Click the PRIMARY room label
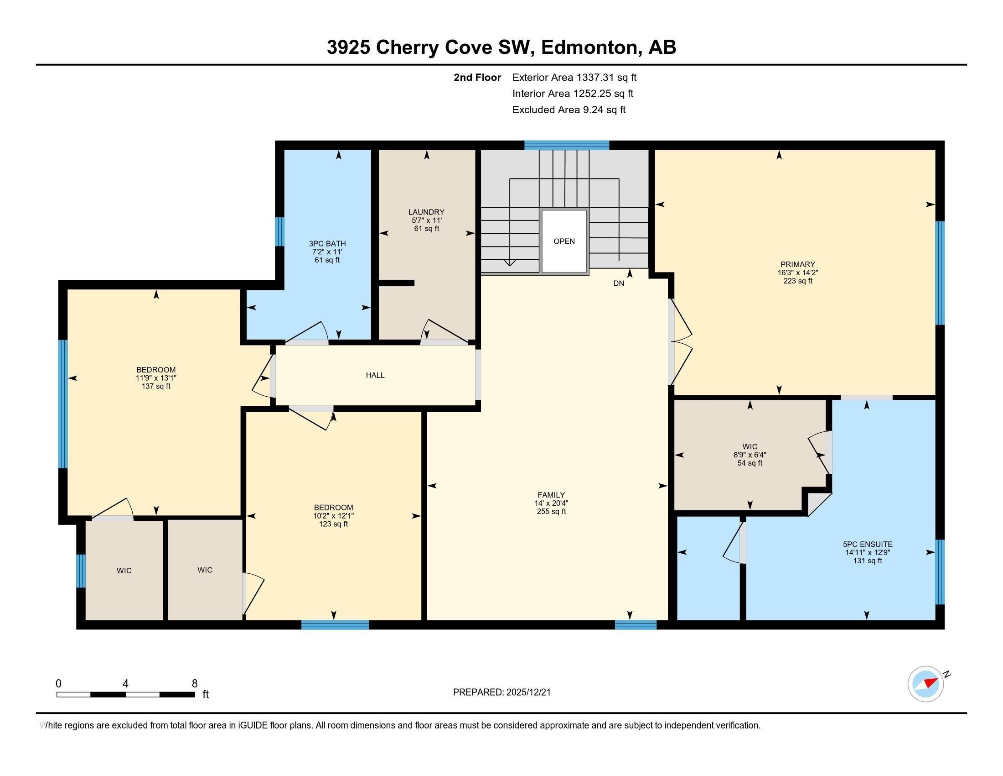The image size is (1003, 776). [798, 264]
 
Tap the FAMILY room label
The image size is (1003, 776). [551, 495]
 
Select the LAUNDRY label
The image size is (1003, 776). [427, 212]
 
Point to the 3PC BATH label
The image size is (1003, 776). [327, 244]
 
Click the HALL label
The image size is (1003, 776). [375, 375]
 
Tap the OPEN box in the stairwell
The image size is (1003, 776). [564, 241]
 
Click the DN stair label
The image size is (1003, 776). [619, 283]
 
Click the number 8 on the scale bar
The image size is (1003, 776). [195, 683]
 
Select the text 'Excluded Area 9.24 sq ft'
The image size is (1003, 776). [569, 110]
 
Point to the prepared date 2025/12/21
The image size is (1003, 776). [527, 692]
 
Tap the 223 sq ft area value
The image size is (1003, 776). [798, 281]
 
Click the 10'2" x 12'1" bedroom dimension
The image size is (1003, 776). [333, 516]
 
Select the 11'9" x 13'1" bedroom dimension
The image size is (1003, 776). [156, 378]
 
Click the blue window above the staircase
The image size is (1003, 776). [567, 145]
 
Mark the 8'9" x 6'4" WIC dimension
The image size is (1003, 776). [750, 455]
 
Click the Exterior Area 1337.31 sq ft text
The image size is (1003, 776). [574, 77]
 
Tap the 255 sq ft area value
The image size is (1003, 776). [551, 511]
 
